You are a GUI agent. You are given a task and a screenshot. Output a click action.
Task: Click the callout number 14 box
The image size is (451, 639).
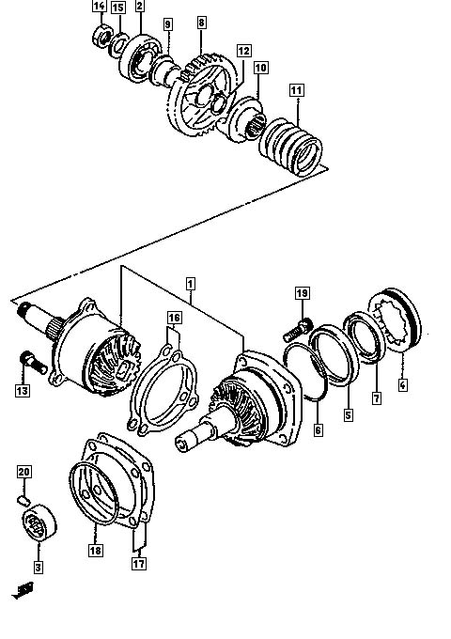coord(100,6)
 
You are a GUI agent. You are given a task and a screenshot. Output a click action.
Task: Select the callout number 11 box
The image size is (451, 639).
coord(297,90)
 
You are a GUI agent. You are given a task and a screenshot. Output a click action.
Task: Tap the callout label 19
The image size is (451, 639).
coord(302,293)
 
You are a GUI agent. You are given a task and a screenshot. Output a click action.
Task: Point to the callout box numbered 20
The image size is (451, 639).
coord(24,472)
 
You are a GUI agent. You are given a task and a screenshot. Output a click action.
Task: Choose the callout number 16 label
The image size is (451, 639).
coord(175,318)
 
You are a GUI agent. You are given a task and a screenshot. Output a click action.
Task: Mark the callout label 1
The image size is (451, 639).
coord(190,284)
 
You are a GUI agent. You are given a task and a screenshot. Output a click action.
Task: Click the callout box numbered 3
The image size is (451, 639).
coord(39,567)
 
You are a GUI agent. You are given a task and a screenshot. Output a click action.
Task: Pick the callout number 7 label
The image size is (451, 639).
coord(377,397)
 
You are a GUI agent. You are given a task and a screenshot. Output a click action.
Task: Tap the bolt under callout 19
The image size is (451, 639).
coord(298,331)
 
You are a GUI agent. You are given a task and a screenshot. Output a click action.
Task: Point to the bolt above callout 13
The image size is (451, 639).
coord(34,363)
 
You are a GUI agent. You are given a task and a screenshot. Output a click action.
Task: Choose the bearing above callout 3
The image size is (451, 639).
coord(39,522)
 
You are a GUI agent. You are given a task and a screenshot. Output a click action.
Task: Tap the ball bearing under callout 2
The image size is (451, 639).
coord(140,59)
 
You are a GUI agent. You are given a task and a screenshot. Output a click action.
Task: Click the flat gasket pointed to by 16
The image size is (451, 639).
coord(163,387)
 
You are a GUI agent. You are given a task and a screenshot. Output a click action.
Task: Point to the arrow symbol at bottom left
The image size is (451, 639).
coord(23,590)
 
